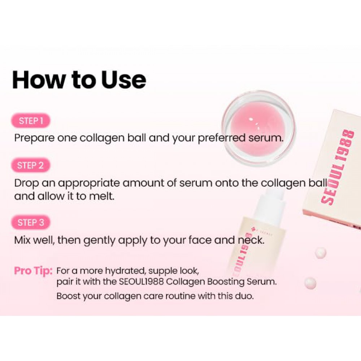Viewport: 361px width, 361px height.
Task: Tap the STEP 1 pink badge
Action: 31,121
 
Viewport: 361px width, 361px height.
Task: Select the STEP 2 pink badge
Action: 31,166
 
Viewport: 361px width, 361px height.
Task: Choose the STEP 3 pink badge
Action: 31,222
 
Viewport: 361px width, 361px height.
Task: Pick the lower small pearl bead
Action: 310,283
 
